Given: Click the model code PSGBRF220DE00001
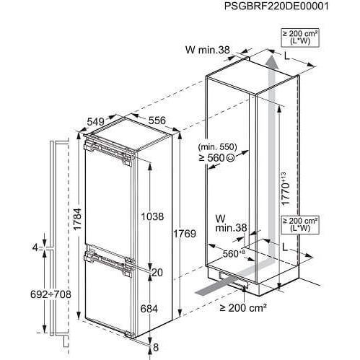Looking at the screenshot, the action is tap(276, 6).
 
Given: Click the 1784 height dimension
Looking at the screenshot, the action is tap(78, 219).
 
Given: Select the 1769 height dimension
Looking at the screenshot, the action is tap(185, 233).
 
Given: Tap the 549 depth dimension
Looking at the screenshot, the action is tap(95, 122).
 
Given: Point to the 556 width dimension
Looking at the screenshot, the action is tap(157, 120).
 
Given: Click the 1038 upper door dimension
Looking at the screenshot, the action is tap(152, 216).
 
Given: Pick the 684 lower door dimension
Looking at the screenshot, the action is tap(149, 309).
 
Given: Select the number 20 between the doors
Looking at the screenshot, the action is tap(157, 273).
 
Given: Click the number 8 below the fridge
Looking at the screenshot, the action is tap(156, 347).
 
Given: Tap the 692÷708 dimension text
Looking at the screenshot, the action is tap(51, 294).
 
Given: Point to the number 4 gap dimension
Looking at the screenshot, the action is tap(35, 247).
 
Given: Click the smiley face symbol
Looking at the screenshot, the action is tap(230, 158).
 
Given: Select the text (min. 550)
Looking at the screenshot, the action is tap(217, 146).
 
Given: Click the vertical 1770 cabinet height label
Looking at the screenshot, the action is tap(286, 189).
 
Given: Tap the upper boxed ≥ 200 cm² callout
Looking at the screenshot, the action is tap(300, 37).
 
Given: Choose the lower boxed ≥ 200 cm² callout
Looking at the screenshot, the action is tap(300, 224).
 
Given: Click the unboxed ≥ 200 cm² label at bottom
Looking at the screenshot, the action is tap(243, 307).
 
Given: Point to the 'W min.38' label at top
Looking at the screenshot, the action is tap(208, 50).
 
